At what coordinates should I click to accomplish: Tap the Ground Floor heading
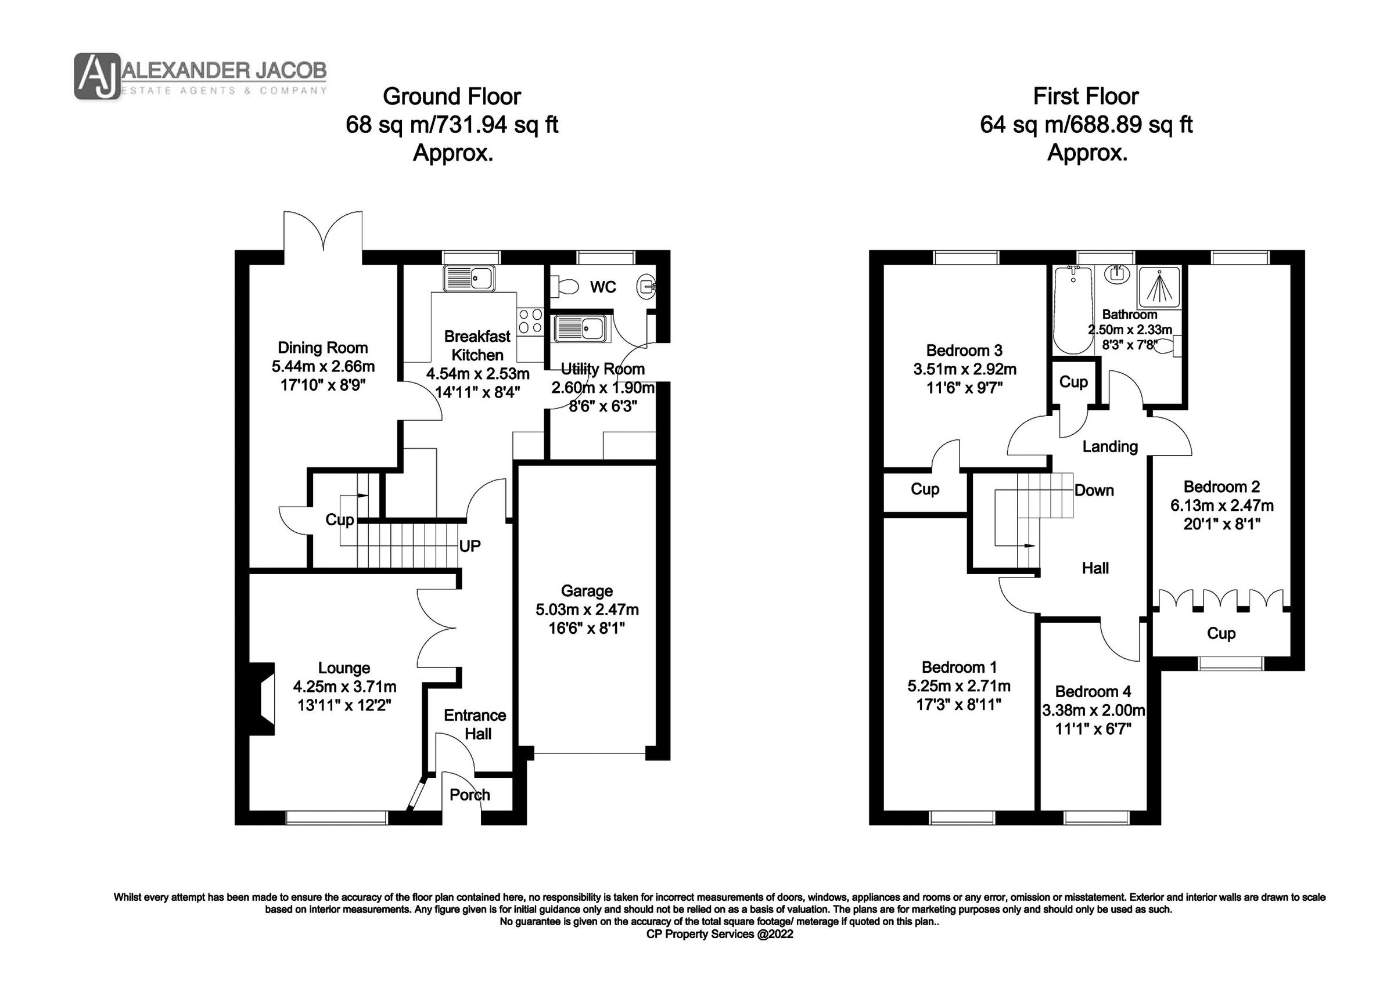pyautogui.click(x=451, y=96)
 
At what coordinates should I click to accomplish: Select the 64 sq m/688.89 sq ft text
pyautogui.click(x=1086, y=125)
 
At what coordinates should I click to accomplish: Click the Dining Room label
pyautogui.click(x=322, y=348)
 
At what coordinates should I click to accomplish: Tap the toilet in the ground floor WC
pyautogui.click(x=564, y=286)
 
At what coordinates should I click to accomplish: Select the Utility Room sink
pyautogui.click(x=579, y=329)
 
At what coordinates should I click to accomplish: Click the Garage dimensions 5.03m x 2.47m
pyautogui.click(x=587, y=609)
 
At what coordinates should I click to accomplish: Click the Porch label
pyautogui.click(x=469, y=795)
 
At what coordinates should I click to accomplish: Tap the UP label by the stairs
pyautogui.click(x=469, y=546)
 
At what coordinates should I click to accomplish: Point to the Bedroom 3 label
pyautogui.click(x=964, y=350)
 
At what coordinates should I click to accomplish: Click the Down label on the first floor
pyautogui.click(x=1094, y=490)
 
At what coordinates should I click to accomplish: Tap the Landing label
pyautogui.click(x=1110, y=447)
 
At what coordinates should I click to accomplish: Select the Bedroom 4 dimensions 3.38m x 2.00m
pyautogui.click(x=1094, y=710)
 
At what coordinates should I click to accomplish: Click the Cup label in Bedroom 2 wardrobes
pyautogui.click(x=1221, y=634)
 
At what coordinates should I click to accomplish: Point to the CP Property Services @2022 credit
pyautogui.click(x=720, y=935)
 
